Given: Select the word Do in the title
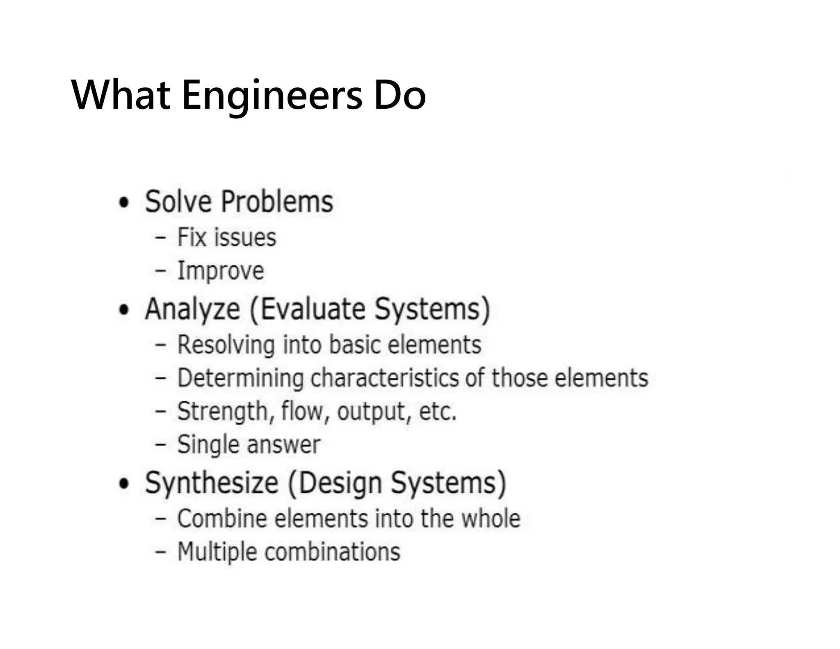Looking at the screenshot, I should click(x=399, y=96).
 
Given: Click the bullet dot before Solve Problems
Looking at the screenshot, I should click(x=123, y=202).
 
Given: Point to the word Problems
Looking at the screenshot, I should click(x=277, y=202).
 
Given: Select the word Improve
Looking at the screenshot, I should click(x=220, y=271).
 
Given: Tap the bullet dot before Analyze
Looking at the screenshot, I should click(x=123, y=310).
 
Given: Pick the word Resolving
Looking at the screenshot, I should click(x=226, y=345).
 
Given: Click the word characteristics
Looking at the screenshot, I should click(x=385, y=378).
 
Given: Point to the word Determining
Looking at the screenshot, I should click(x=240, y=378).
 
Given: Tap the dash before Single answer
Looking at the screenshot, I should click(x=160, y=444).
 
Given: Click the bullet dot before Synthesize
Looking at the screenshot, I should click(x=123, y=484).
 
